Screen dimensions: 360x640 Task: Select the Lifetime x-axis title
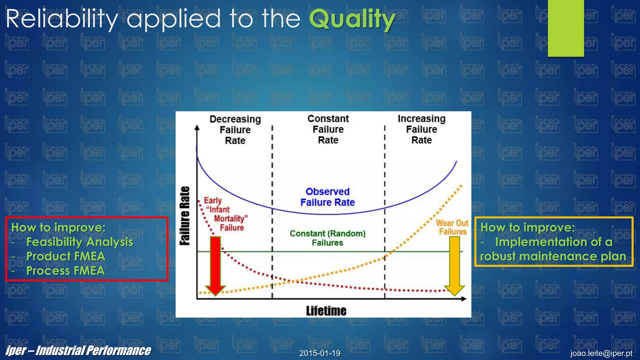326,311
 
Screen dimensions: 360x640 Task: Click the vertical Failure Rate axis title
185,216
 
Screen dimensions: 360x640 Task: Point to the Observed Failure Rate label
327,197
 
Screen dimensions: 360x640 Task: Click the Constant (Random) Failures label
327,238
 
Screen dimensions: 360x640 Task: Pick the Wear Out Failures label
452,227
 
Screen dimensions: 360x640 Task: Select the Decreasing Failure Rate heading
235,130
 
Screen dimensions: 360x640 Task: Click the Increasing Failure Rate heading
422,129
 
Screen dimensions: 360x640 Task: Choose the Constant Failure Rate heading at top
328,129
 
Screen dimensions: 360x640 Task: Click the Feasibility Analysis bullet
79,242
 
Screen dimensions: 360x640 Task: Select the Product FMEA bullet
66,256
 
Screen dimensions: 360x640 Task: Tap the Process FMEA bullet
65,271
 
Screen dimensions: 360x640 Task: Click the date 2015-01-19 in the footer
320,353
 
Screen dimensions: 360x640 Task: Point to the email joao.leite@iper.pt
601,353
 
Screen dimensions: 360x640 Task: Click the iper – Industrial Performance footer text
78,351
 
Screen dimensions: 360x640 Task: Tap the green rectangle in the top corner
566,28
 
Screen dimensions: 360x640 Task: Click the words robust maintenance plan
553,257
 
